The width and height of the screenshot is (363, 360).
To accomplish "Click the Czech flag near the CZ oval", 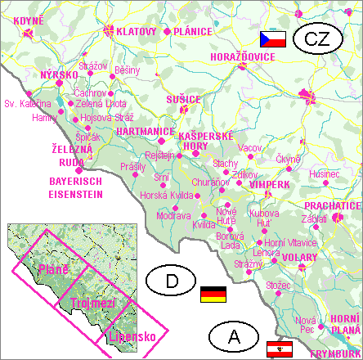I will click(x=272, y=38).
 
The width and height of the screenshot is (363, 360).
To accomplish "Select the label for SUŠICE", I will click(x=182, y=99).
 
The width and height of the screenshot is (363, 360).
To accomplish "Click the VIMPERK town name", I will click(x=271, y=186).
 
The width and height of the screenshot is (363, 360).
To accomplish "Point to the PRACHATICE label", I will click(x=331, y=205).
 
